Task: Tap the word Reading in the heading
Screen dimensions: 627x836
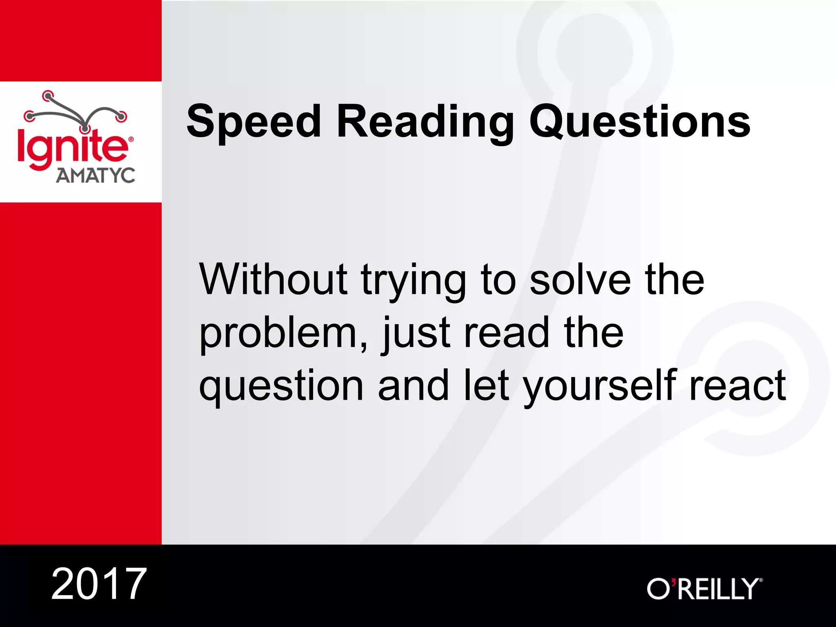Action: (425, 122)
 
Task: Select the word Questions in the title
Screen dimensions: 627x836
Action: (640, 122)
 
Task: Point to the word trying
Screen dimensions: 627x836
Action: (413, 282)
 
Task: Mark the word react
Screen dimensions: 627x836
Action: (737, 386)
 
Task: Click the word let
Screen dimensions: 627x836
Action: (487, 385)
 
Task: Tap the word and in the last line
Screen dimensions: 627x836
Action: (413, 385)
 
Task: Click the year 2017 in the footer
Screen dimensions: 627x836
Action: (99, 584)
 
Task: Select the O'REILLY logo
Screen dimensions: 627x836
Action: (704, 589)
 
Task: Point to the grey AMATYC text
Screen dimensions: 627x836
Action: (96, 176)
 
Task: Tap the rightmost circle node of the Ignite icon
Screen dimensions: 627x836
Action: (121, 116)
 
